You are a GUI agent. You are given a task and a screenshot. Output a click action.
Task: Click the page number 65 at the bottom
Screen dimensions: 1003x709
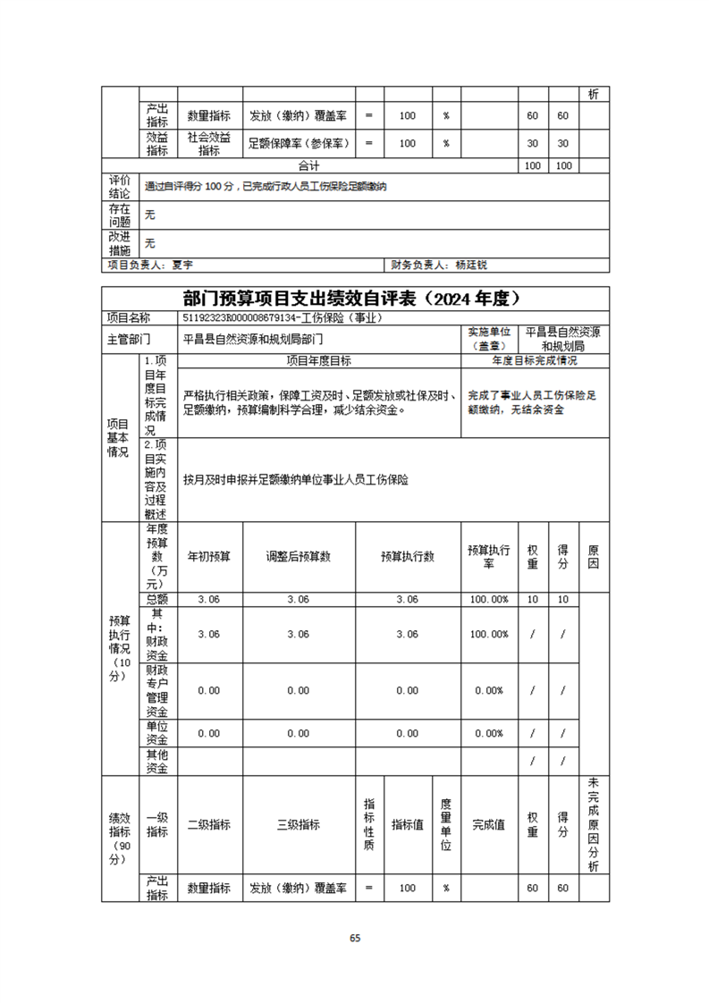coord(355,938)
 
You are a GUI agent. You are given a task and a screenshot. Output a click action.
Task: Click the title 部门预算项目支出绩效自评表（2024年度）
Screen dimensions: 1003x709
coord(355,298)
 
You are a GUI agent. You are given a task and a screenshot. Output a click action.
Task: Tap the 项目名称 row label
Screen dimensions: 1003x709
coord(129,317)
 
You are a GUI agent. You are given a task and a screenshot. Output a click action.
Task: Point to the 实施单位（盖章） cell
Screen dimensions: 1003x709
coord(490,339)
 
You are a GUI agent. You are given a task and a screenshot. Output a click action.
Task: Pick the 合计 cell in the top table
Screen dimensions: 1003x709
coord(309,166)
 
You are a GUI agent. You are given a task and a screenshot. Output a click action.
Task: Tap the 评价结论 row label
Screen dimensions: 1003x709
coord(120,187)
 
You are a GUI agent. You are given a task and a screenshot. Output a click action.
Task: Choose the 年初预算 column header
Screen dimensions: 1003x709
coord(209,556)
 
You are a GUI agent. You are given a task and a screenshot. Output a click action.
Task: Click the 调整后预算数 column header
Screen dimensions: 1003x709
coord(299,556)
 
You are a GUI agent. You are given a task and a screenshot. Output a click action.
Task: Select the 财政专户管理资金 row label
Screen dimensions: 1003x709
coord(157,690)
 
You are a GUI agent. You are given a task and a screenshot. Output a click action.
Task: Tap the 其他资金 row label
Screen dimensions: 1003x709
coord(157,761)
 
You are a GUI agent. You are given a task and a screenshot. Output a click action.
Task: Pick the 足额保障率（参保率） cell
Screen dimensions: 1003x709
coord(299,143)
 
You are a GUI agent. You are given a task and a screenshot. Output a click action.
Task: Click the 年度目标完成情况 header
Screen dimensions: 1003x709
coord(535,361)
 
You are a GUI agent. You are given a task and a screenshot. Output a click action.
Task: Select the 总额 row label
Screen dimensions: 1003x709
coord(157,600)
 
